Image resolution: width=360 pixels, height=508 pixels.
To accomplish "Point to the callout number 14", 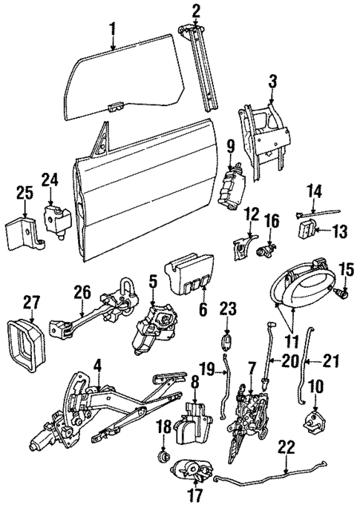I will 314,192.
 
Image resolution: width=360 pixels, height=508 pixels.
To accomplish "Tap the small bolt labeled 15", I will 342,294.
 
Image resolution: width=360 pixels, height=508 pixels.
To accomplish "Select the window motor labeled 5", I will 153,329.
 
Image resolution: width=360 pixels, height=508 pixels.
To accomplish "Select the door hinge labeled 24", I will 56,221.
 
